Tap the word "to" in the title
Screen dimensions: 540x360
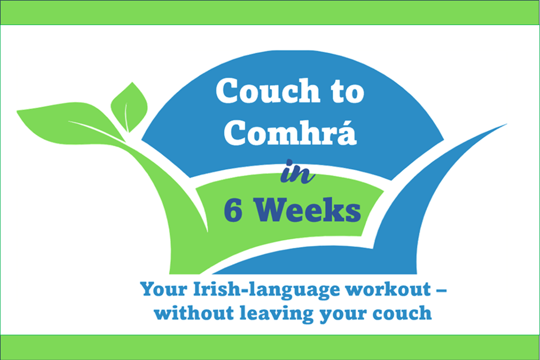pyautogui.click(x=348, y=92)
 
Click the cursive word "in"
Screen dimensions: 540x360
pyautogui.click(x=297, y=172)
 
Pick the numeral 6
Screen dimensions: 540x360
pyautogui.click(x=233, y=210)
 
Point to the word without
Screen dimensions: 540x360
pyautogui.click(x=194, y=313)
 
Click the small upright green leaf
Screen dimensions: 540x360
pyautogui.click(x=129, y=107)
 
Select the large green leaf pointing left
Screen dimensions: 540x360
pyautogui.click(x=69, y=122)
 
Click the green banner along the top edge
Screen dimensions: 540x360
pyautogui.click(x=270, y=12)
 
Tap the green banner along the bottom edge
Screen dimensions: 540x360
pyautogui.click(x=270, y=347)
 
